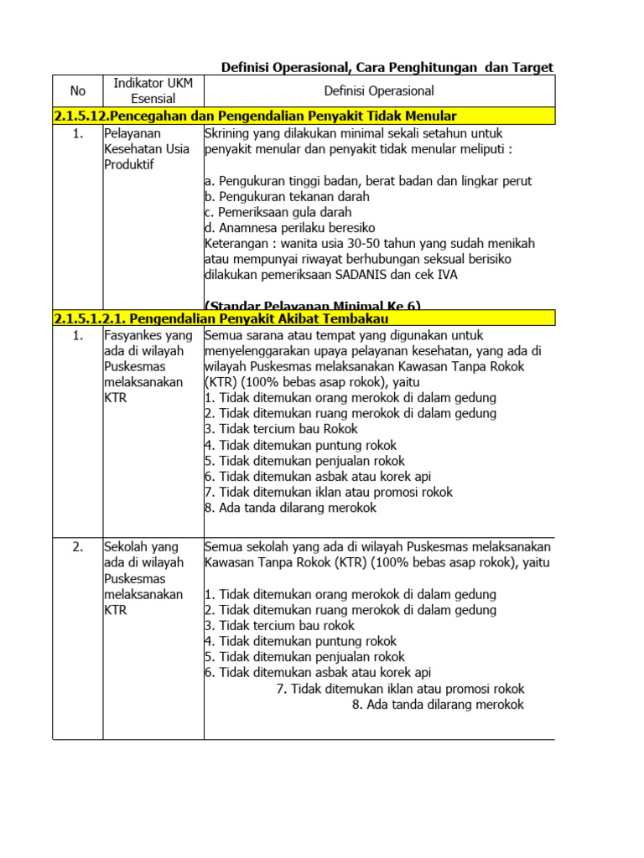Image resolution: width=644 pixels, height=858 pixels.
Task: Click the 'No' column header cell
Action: pos(77,90)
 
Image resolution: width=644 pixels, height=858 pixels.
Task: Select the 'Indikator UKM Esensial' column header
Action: pos(153,90)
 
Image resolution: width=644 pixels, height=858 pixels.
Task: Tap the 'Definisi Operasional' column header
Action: pos(378,90)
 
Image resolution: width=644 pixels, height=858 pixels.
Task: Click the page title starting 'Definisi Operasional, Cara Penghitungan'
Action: pos(387,67)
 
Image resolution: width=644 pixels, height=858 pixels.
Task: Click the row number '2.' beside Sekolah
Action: pos(77,547)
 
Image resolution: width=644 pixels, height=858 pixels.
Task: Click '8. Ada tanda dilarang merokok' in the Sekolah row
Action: pos(438,705)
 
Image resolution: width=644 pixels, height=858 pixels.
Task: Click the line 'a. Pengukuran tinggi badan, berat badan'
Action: pos(368,180)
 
